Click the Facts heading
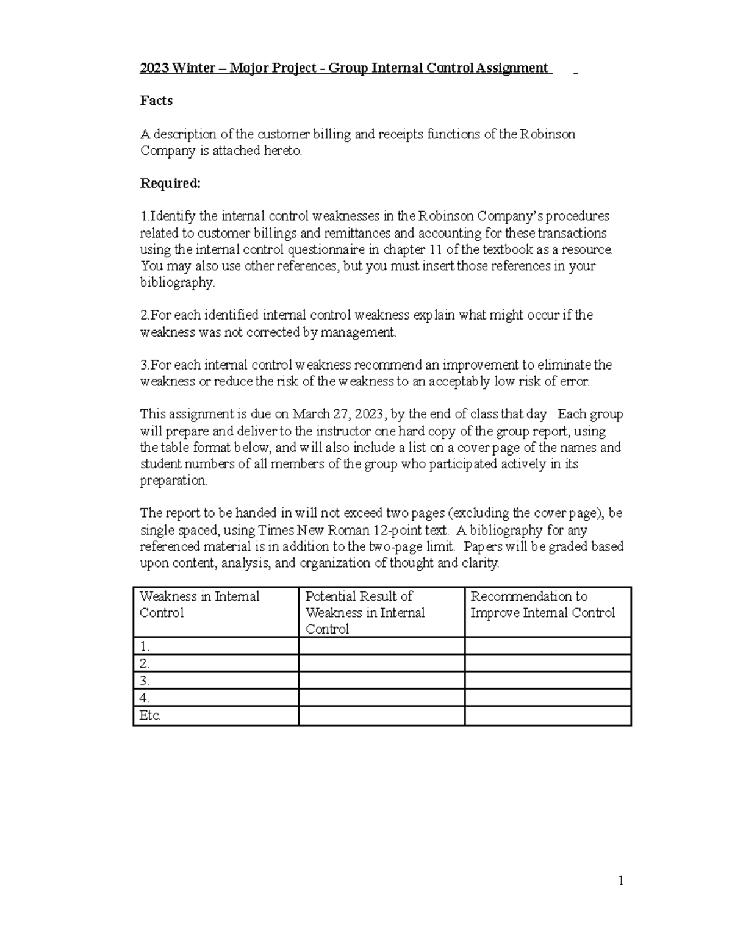click(x=156, y=101)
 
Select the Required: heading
click(x=170, y=184)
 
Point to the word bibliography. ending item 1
click(x=178, y=282)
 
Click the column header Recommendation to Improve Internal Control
click(x=542, y=604)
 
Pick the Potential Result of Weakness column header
click(x=365, y=612)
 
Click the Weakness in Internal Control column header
click(x=199, y=604)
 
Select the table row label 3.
click(x=145, y=681)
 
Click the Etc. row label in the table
click(x=150, y=716)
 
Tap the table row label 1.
click(x=145, y=647)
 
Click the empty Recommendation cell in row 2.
click(x=547, y=663)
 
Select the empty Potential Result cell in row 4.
click(x=381, y=698)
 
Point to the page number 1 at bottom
click(x=620, y=881)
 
